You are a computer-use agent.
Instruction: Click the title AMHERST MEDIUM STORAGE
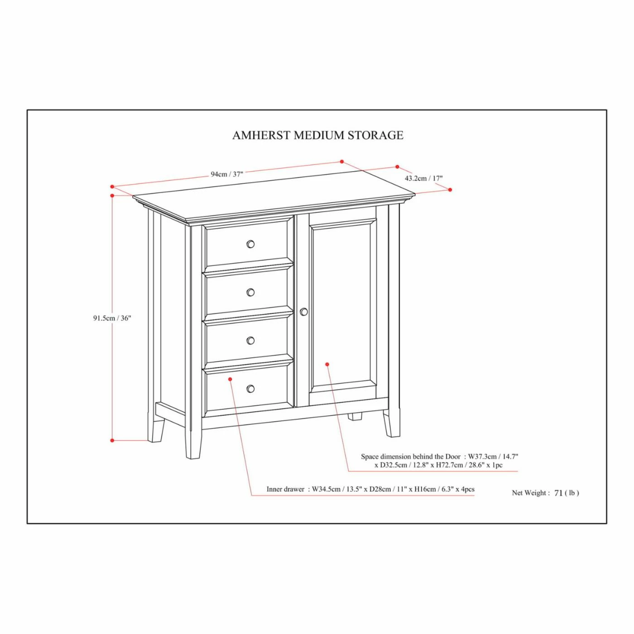pos(317,135)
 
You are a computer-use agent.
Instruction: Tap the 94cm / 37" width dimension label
pos(227,174)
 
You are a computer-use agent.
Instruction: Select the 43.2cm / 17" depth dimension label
pos(423,178)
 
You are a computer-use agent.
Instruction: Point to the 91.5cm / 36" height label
pos(112,318)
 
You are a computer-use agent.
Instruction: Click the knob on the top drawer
pos(250,244)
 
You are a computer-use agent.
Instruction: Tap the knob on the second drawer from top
pos(250,292)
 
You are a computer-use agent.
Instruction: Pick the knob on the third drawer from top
pos(250,340)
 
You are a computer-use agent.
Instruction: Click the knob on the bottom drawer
pos(250,389)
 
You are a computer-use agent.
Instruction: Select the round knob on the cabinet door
pos(304,312)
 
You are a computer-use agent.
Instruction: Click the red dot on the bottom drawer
pos(231,379)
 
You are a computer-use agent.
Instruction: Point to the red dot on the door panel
pos(327,364)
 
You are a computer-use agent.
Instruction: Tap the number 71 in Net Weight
pos(558,502)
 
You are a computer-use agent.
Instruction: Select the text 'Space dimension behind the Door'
pos(411,456)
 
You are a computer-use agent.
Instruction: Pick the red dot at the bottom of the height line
pos(112,440)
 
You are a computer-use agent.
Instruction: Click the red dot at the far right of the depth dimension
pos(450,190)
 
